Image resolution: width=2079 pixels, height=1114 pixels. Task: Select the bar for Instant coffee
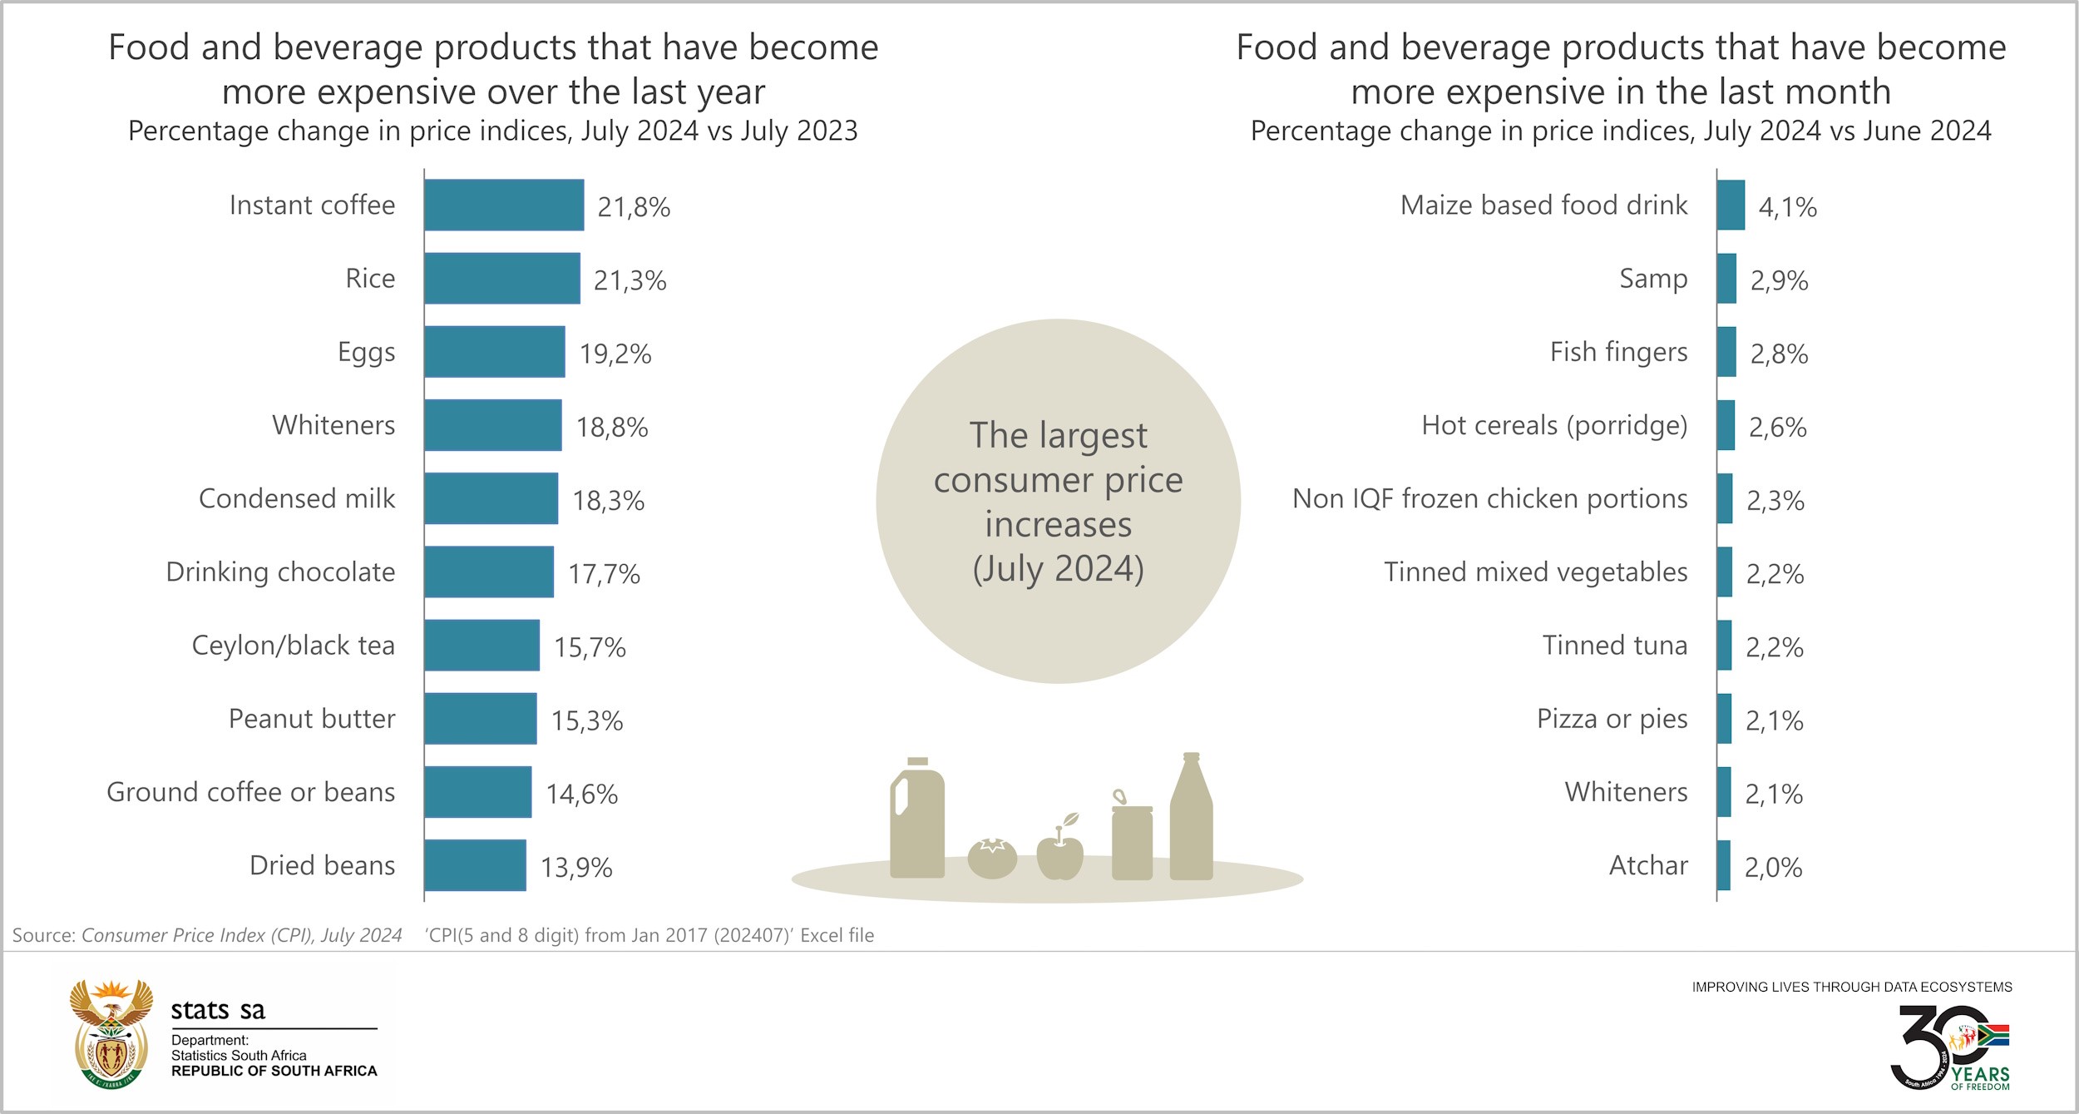(x=504, y=205)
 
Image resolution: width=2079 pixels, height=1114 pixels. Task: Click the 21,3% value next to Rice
(x=630, y=280)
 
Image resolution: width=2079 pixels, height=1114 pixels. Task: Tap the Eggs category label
(x=366, y=352)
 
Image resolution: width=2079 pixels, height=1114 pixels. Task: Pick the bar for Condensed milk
(x=491, y=498)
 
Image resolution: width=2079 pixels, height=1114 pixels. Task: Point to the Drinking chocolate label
(x=280, y=572)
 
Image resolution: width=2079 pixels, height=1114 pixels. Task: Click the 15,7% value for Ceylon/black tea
(x=590, y=647)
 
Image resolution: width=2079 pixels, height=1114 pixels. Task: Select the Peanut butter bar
(x=480, y=719)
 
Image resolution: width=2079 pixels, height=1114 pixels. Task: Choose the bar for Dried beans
(x=475, y=865)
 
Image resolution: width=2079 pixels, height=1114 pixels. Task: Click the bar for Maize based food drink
(x=1731, y=205)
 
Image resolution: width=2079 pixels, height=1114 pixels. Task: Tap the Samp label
(x=1653, y=279)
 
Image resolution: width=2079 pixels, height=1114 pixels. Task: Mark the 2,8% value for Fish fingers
(x=1779, y=354)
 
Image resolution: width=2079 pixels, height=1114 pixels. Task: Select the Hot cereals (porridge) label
(x=1554, y=426)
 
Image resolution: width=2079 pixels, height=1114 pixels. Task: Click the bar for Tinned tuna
(x=1724, y=645)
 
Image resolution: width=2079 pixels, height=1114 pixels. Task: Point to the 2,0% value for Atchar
(x=1773, y=867)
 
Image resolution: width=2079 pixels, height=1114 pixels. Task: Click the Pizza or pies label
(x=1612, y=719)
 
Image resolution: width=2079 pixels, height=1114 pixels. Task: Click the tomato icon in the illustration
(x=992, y=859)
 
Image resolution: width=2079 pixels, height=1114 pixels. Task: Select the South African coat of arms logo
(x=111, y=1034)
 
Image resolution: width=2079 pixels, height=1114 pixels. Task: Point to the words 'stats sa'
(x=218, y=1010)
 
